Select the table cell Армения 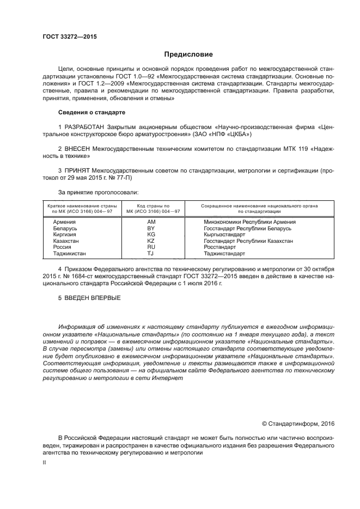pos(64,222)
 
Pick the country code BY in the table pos(151,229)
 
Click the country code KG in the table pos(151,235)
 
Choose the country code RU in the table pos(151,247)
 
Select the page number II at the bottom pos(45,462)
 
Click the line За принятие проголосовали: pos(98,192)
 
